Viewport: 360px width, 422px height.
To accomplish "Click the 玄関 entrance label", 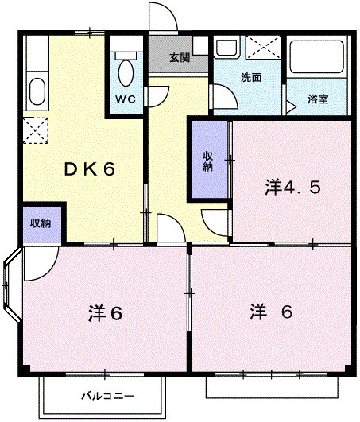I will click(180, 57).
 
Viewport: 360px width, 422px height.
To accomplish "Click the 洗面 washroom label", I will click(250, 79).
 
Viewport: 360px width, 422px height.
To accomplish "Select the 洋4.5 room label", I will click(292, 188).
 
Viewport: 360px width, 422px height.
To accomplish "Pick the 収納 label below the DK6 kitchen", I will click(41, 223).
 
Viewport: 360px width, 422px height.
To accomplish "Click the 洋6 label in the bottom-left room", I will click(105, 314).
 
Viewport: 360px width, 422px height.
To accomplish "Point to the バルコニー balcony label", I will click(107, 396).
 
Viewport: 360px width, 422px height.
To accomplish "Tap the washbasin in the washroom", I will click(227, 47).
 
